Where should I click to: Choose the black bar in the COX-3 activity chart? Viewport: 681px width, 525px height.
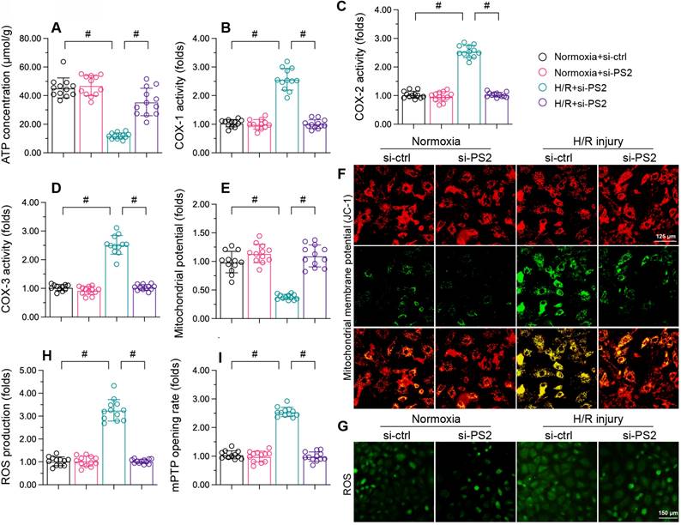pyautogui.click(x=60, y=303)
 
